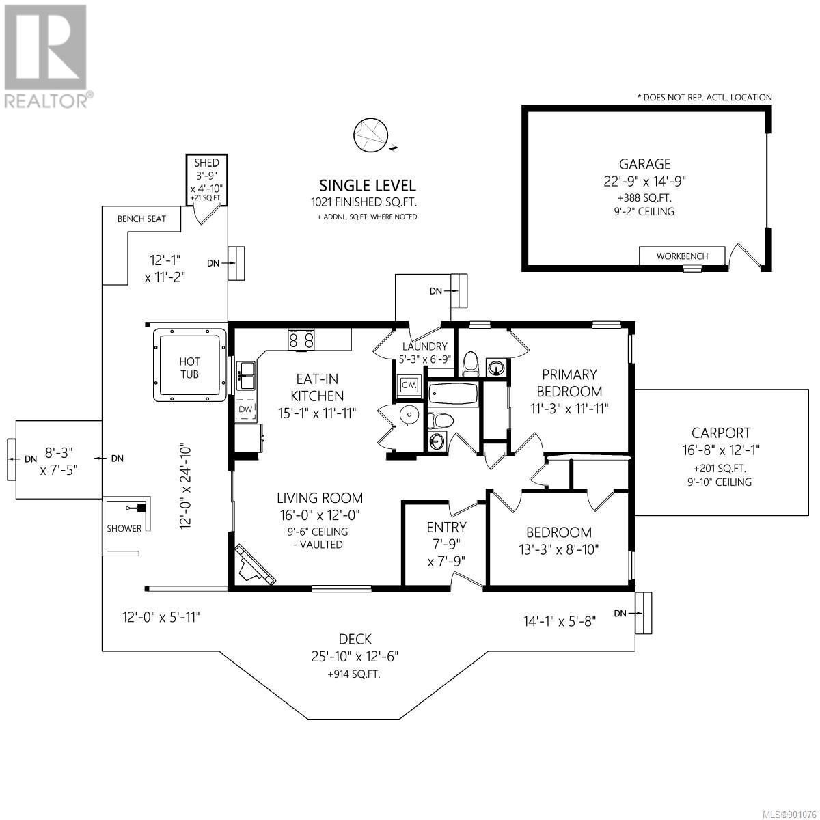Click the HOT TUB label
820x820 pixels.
(189, 368)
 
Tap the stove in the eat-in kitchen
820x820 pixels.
(301, 340)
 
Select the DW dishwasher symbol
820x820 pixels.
(245, 409)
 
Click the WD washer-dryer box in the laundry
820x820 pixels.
(409, 385)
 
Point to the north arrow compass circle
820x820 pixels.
(370, 135)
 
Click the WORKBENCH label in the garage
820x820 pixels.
(682, 256)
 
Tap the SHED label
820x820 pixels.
(207, 163)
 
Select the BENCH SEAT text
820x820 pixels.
(141, 219)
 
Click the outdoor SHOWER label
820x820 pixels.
(124, 528)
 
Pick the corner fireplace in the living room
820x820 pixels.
(254, 564)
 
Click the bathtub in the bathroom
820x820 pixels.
(453, 394)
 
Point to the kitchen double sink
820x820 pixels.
(247, 375)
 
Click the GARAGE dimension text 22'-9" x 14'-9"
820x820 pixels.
(644, 182)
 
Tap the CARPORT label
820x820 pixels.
(721, 433)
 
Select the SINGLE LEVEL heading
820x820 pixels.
(368, 186)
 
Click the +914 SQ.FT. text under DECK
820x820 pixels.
(354, 674)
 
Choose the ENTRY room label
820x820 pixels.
(446, 528)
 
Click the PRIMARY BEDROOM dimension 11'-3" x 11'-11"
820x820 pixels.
(569, 409)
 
